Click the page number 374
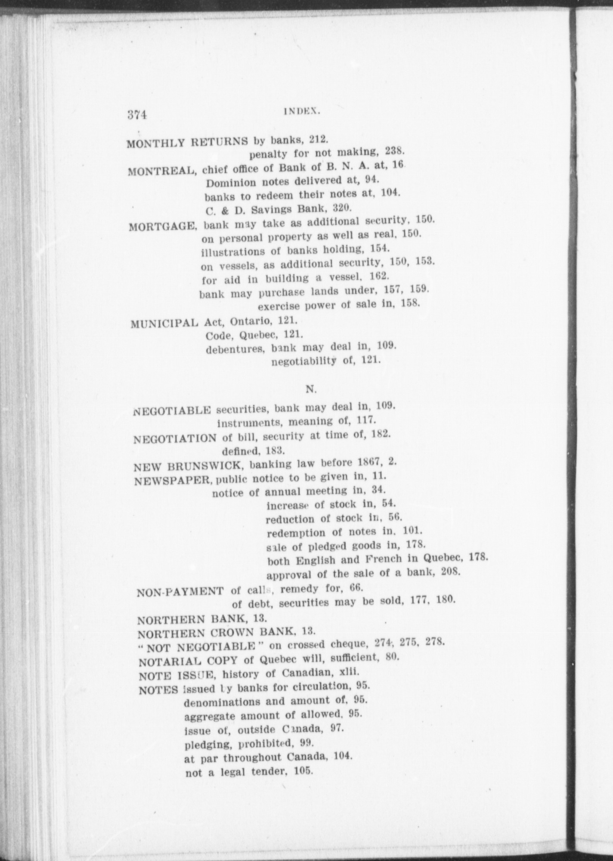point(137,115)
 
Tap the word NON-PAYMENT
point(180,592)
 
